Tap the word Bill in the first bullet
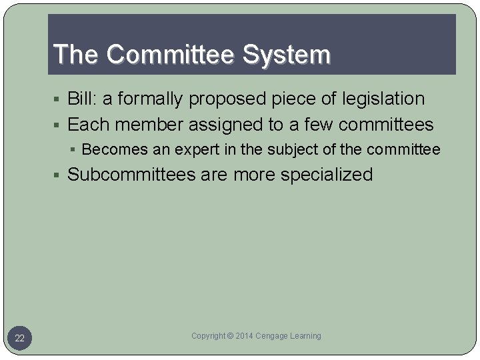pos(81,99)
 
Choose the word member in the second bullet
pos(148,125)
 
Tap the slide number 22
pos(20,339)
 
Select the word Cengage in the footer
pos(274,336)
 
